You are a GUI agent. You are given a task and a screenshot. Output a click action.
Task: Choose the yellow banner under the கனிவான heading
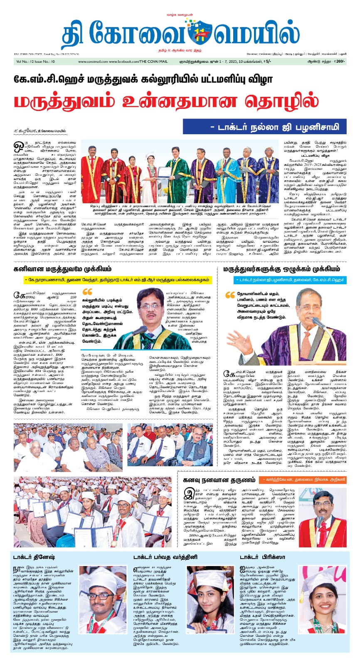click(118, 280)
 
